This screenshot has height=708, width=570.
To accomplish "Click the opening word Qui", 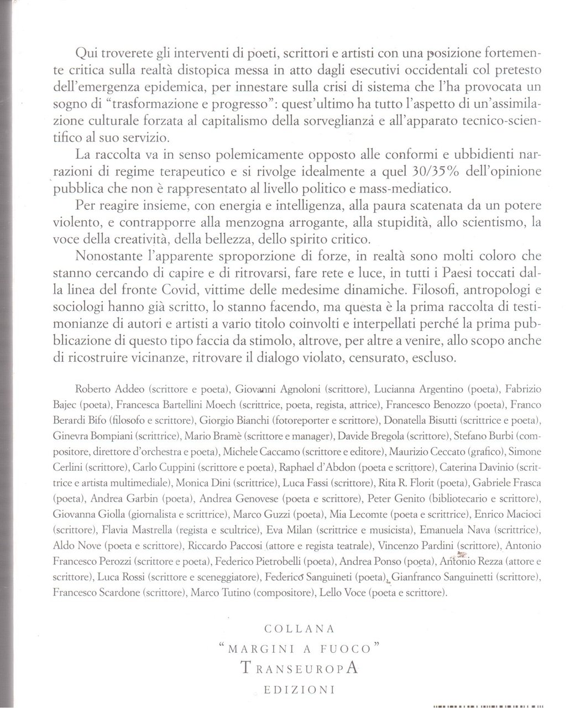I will coord(85,54).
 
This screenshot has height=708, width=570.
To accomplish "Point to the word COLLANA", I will coord(299,628).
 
